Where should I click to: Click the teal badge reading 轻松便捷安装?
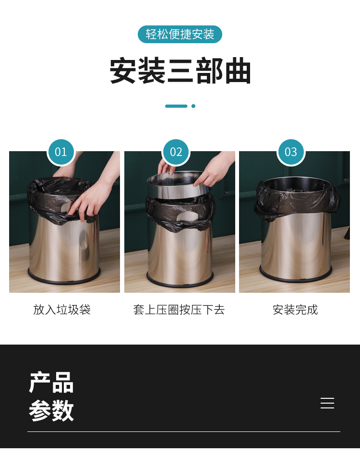click(180, 34)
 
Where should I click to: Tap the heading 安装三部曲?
click(180, 71)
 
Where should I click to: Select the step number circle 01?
click(61, 152)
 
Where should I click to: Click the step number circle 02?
click(176, 152)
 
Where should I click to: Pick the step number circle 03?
click(291, 152)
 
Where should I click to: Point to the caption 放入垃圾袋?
click(62, 310)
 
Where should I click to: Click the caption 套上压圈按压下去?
click(179, 310)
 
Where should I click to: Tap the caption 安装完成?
click(295, 310)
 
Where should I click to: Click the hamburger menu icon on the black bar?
click(327, 403)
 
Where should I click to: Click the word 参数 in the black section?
click(51, 410)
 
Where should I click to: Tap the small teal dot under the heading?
click(193, 106)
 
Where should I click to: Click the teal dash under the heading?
click(176, 106)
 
